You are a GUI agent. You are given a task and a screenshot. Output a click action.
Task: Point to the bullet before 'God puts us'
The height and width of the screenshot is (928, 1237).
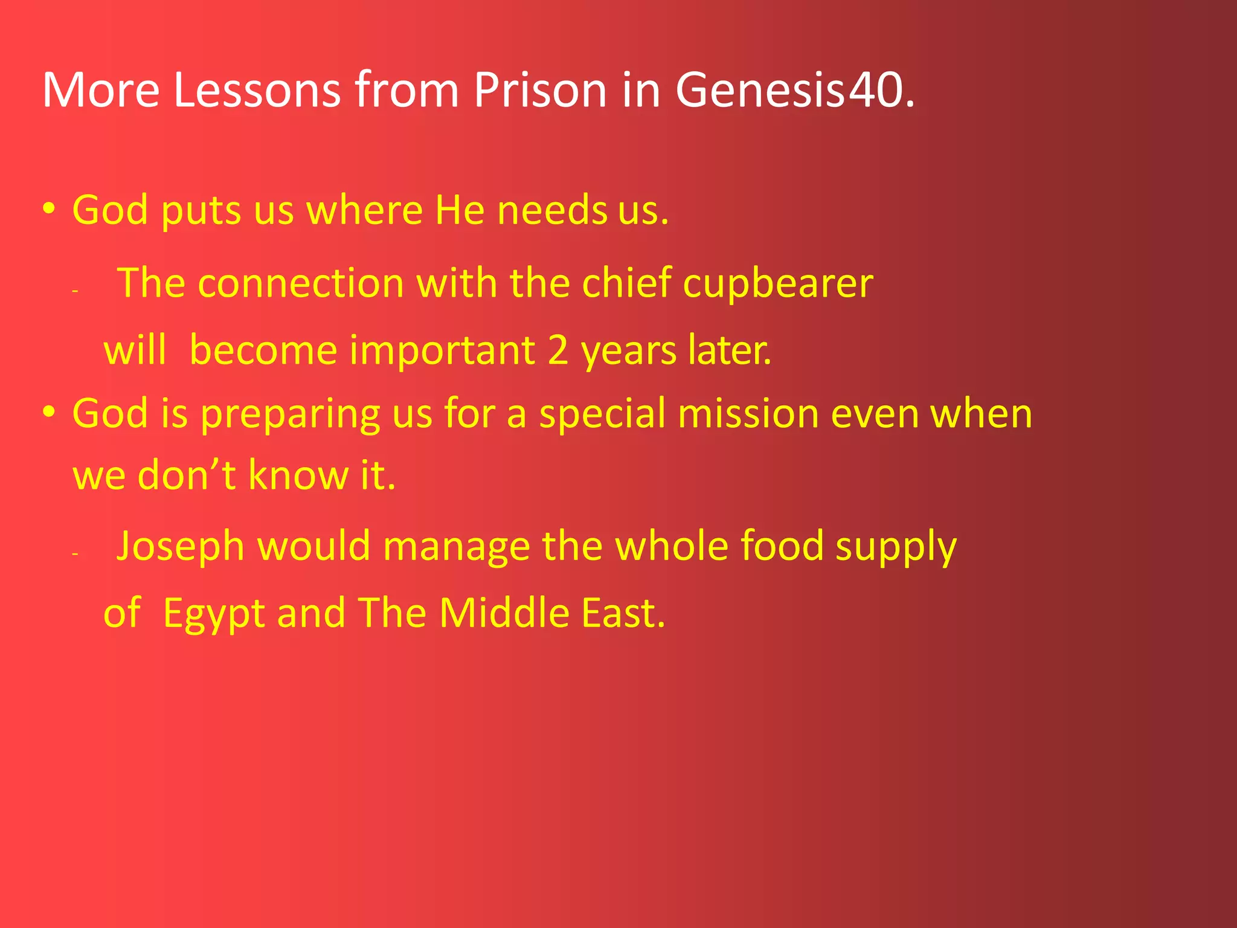(50, 209)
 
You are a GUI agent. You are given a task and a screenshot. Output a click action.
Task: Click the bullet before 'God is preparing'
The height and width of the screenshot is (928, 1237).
(50, 413)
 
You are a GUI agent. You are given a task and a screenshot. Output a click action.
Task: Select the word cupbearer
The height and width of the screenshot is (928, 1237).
(778, 283)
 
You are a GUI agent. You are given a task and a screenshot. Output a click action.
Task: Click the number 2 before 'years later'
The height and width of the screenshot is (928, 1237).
(558, 350)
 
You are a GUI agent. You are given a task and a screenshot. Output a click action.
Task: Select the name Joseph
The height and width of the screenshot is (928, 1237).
(180, 547)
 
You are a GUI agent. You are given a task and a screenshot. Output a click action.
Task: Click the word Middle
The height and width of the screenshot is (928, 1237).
(504, 613)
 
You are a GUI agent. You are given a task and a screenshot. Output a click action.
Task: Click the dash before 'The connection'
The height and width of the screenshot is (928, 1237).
(75, 291)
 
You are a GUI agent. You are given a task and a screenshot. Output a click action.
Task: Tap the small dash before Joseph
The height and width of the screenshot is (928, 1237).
(75, 553)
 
